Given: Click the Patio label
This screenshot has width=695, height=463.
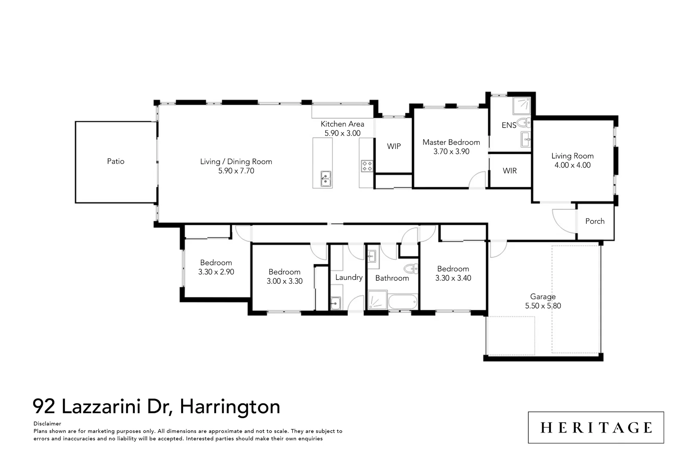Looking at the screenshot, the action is pyautogui.click(x=115, y=161).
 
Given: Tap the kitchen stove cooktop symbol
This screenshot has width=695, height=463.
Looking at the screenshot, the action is pyautogui.click(x=367, y=166).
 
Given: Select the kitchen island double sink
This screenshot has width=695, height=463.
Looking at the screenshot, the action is pyautogui.click(x=326, y=179).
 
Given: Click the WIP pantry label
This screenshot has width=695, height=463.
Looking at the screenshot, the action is pyautogui.click(x=394, y=146).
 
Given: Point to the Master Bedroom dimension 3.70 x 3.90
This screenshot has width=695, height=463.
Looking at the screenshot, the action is pyautogui.click(x=451, y=152).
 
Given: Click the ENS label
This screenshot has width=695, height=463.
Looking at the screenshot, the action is pyautogui.click(x=509, y=125).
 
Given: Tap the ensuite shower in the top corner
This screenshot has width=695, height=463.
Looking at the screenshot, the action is pyautogui.click(x=521, y=106).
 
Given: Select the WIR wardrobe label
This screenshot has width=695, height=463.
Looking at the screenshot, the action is pyautogui.click(x=510, y=171).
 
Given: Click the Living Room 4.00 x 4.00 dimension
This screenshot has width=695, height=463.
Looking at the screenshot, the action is pyautogui.click(x=572, y=165).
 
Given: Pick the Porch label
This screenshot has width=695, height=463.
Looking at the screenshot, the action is pyautogui.click(x=595, y=221).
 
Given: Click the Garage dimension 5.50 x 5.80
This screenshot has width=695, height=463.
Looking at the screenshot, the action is pyautogui.click(x=543, y=306).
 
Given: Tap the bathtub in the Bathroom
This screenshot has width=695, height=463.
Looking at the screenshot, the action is pyautogui.click(x=403, y=302).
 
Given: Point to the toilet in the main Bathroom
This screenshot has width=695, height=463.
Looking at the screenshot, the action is pyautogui.click(x=411, y=268).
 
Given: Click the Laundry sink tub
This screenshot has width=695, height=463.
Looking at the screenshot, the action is pyautogui.click(x=335, y=302).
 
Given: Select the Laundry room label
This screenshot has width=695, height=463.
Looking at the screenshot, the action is pyautogui.click(x=349, y=277).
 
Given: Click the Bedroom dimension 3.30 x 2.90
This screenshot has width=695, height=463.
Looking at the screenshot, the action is pyautogui.click(x=216, y=272).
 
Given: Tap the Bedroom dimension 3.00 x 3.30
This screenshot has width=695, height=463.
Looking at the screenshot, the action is pyautogui.click(x=284, y=281).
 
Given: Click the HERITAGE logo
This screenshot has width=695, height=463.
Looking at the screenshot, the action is pyautogui.click(x=596, y=428).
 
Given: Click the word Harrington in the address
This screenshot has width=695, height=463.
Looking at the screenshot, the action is pyautogui.click(x=230, y=407).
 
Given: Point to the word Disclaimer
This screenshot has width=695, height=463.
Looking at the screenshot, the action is pyautogui.click(x=47, y=424).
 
